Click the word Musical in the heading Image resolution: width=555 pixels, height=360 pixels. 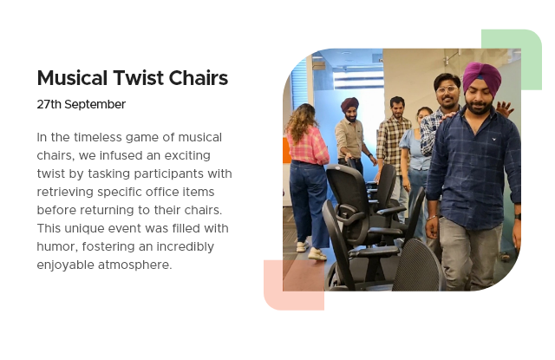click(72, 78)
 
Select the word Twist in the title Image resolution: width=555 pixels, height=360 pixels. click(139, 78)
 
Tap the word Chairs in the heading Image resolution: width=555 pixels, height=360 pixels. click(199, 78)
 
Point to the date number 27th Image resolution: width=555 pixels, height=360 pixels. click(49, 105)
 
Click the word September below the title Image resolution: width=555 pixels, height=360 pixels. click(95, 105)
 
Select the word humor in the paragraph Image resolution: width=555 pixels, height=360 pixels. click(57, 247)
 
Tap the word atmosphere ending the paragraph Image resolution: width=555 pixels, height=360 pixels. click(134, 265)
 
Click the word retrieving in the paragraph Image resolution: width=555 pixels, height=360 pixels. click(65, 193)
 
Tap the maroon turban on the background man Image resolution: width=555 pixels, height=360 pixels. click(349, 104)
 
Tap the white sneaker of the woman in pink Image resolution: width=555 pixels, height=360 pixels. click(317, 254)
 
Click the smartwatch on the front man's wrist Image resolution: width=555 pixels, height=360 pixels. click(518, 217)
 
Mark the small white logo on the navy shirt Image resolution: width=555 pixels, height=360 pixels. click(493, 139)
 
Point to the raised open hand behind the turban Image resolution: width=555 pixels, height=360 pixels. click(505, 108)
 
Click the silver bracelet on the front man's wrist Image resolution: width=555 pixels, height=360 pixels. click(433, 218)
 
